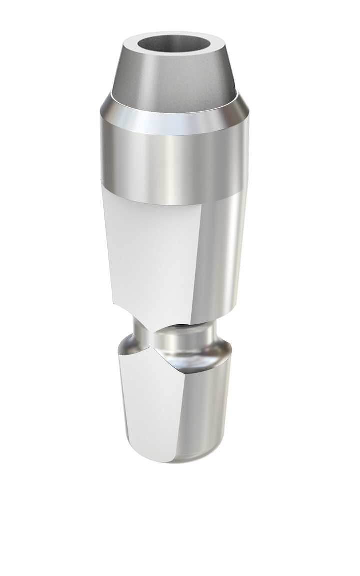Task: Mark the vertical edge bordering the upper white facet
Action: point(197,260)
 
